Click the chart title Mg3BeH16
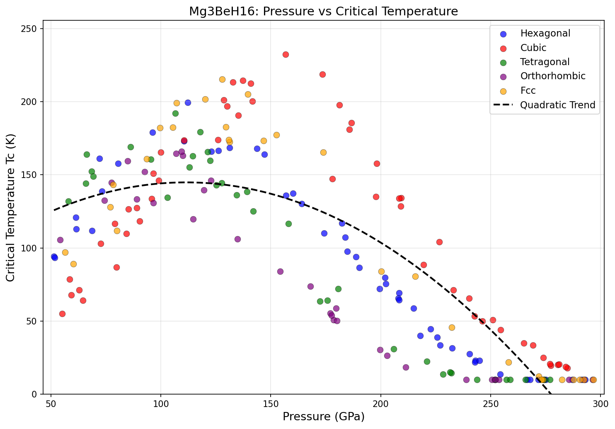(323, 11)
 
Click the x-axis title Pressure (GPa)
(323, 417)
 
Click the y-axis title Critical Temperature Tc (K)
(11, 207)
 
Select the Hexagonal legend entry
(545, 33)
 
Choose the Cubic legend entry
(533, 48)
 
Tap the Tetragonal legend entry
(545, 62)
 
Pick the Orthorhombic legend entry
(553, 76)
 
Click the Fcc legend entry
(528, 90)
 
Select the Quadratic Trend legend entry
(557, 105)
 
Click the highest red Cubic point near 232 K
(286, 55)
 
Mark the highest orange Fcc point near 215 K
(222, 80)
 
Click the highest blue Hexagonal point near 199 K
(188, 103)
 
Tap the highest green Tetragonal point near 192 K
(175, 114)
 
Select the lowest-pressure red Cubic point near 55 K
(62, 314)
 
